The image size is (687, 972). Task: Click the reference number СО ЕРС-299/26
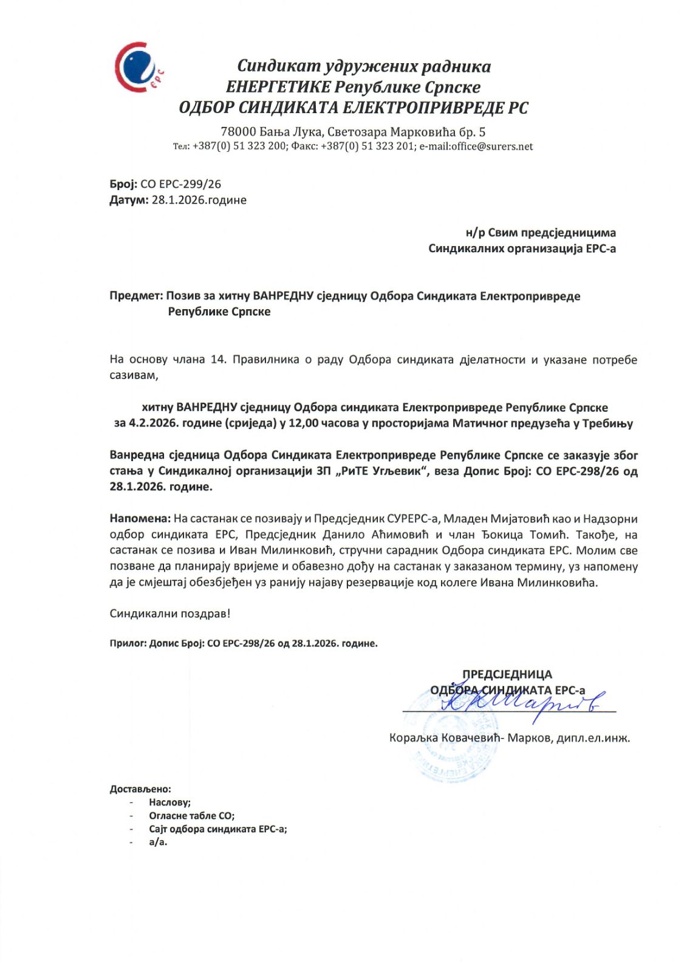coord(180,184)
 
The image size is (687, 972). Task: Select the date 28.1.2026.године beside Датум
coord(199,200)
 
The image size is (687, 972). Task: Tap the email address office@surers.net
coord(491,146)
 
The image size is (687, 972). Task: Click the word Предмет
coord(135,296)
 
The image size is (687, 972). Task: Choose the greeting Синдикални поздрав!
coord(170,614)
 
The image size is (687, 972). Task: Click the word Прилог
coord(128,643)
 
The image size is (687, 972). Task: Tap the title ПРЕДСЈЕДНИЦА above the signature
coord(507,674)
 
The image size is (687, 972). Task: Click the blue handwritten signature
coord(522,703)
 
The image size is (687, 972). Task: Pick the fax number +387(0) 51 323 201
coord(367,146)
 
